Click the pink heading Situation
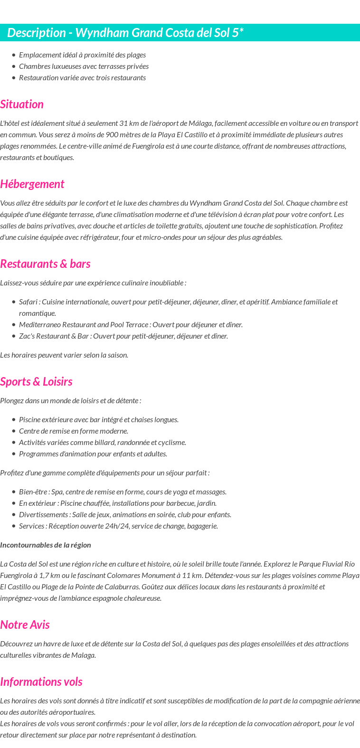(x=22, y=104)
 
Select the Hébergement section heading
(x=32, y=184)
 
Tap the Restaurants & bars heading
(x=45, y=264)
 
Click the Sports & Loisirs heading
(x=36, y=382)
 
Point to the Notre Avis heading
(x=25, y=625)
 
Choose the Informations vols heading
(x=41, y=682)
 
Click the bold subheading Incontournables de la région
(x=46, y=545)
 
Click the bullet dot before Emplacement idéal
(x=14, y=55)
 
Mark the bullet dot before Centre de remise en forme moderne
(x=14, y=431)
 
